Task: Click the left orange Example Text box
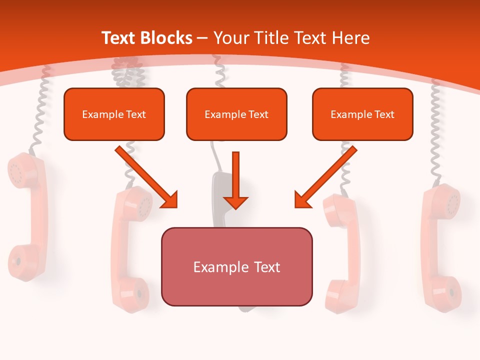(x=114, y=114)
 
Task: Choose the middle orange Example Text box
(x=236, y=114)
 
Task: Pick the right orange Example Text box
(x=362, y=114)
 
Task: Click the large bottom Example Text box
(x=236, y=266)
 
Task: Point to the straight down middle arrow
(x=235, y=180)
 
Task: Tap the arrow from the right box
(x=325, y=177)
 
